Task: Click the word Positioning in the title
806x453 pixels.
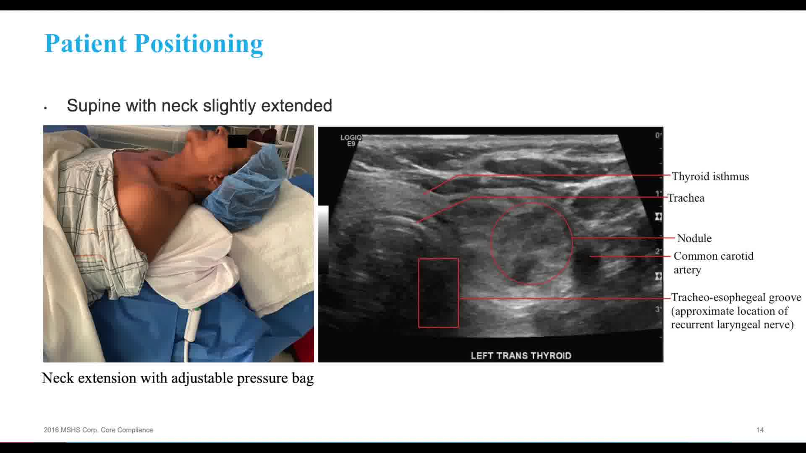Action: click(x=199, y=44)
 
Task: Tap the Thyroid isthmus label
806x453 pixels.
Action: click(x=710, y=177)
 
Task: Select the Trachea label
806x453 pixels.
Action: click(x=686, y=198)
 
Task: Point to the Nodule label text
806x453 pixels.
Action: click(x=694, y=238)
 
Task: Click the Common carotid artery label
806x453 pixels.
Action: click(x=714, y=263)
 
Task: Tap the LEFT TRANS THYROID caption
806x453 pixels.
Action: click(x=521, y=356)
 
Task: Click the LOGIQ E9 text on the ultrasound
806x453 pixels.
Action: click(x=351, y=140)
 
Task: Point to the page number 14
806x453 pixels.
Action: click(x=760, y=430)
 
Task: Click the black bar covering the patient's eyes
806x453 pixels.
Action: click(x=237, y=141)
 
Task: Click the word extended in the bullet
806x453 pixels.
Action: click(x=296, y=106)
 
